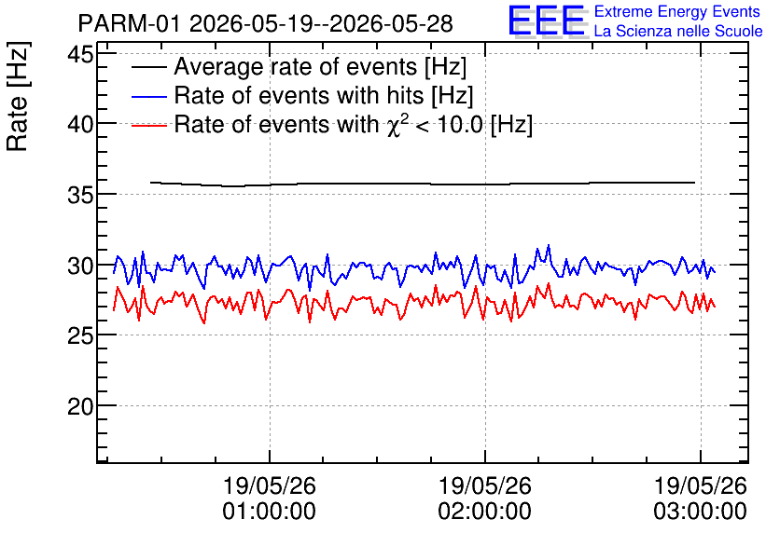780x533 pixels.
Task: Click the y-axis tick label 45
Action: click(80, 54)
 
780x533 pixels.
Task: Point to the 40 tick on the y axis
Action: click(80, 124)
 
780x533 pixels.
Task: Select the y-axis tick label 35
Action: click(80, 195)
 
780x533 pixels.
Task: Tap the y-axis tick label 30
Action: click(80, 266)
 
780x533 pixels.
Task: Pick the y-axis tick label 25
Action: click(80, 335)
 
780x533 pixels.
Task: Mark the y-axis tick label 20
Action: click(80, 406)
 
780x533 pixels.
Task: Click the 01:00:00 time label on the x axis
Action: click(269, 511)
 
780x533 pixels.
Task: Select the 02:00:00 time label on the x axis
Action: click(484, 511)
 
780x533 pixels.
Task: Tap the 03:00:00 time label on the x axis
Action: click(700, 511)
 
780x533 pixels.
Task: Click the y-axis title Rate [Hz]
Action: click(18, 96)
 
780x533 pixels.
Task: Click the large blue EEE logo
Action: click(547, 20)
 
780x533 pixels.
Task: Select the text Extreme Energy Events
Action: click(677, 11)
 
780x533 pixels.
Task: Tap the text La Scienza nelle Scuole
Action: click(678, 31)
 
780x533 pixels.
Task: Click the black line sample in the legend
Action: click(148, 67)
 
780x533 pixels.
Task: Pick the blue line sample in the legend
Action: click(148, 96)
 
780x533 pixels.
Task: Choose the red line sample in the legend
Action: click(148, 125)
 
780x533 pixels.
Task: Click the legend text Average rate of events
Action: click(296, 66)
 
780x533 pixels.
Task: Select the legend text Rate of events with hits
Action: click(299, 95)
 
